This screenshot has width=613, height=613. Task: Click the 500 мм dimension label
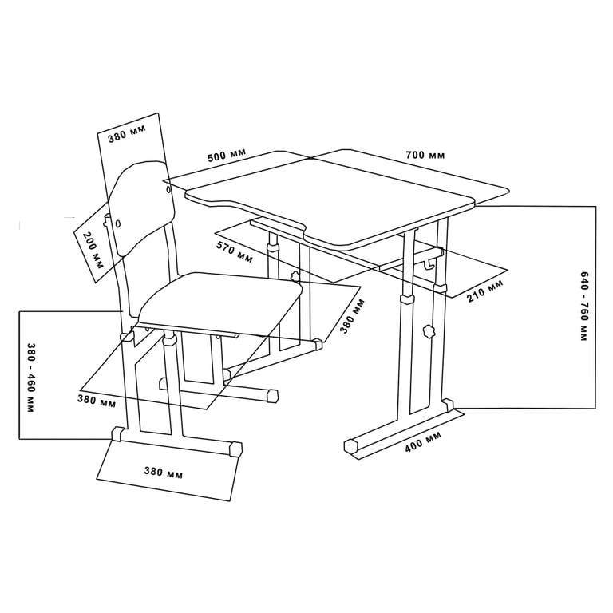[x=227, y=154]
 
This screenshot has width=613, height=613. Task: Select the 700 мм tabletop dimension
[x=425, y=155]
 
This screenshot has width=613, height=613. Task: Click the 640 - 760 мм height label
[x=583, y=306]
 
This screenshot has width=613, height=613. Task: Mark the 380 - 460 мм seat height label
[x=30, y=378]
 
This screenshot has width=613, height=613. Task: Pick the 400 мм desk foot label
[x=422, y=441]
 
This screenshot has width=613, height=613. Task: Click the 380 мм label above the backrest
[x=127, y=133]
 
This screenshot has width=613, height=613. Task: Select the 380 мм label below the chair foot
[x=164, y=473]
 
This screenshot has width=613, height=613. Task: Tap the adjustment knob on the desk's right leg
[x=428, y=331]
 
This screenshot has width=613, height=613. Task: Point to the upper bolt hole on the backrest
[x=169, y=191]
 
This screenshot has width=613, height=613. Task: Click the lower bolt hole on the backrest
[x=118, y=223]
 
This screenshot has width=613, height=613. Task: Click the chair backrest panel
[x=141, y=208]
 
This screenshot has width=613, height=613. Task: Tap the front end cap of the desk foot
[x=352, y=446]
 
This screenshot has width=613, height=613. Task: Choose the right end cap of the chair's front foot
[x=235, y=449]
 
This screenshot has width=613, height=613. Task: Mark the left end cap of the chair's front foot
[x=117, y=433]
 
